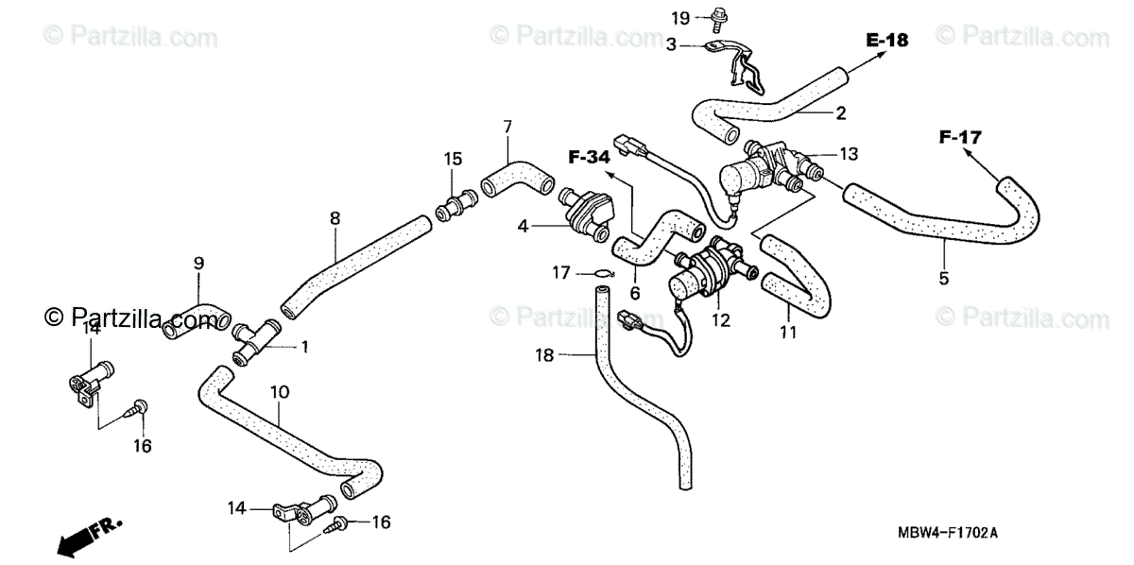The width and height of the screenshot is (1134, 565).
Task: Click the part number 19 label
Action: (x=681, y=18)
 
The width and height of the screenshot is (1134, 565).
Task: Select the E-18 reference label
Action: (x=886, y=40)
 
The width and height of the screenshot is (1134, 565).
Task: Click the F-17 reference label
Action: (x=960, y=138)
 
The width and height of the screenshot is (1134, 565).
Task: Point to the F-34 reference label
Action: (x=589, y=157)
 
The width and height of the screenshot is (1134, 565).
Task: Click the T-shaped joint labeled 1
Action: (x=255, y=342)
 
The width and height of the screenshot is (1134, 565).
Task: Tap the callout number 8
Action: (x=335, y=218)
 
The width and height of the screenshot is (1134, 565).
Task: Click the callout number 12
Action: (x=721, y=320)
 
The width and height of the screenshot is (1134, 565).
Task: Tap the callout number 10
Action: (x=279, y=391)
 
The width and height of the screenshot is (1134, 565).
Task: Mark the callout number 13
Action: (x=848, y=154)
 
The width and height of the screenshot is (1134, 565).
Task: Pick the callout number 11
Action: (x=788, y=332)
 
